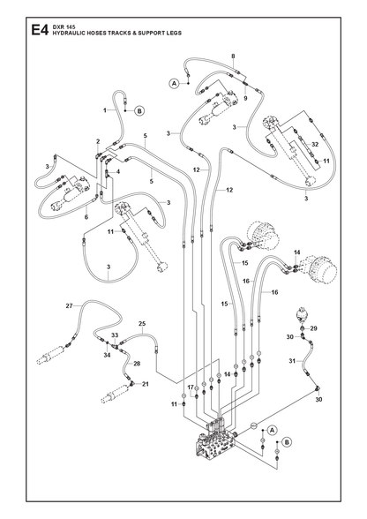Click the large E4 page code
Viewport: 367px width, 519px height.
(x=40, y=30)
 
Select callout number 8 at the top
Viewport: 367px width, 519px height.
(x=233, y=56)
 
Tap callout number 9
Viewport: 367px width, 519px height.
(x=245, y=98)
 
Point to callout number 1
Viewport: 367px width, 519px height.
(x=105, y=110)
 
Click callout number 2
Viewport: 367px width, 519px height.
(x=98, y=141)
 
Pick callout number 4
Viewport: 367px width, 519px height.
(x=118, y=171)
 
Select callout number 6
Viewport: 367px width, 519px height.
(x=86, y=217)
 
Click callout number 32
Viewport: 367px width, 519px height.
(x=315, y=145)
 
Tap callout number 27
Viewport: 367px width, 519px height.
(x=69, y=305)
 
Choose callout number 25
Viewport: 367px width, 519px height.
(x=142, y=323)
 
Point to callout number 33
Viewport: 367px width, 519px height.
(x=115, y=335)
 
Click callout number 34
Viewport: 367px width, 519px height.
(x=107, y=355)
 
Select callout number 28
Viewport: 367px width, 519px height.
(x=137, y=364)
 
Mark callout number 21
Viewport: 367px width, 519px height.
(x=146, y=384)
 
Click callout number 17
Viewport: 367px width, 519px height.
(x=191, y=387)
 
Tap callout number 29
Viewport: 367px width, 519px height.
(x=314, y=328)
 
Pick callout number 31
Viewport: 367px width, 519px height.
(x=292, y=361)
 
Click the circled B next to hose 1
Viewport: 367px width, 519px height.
(x=139, y=111)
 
